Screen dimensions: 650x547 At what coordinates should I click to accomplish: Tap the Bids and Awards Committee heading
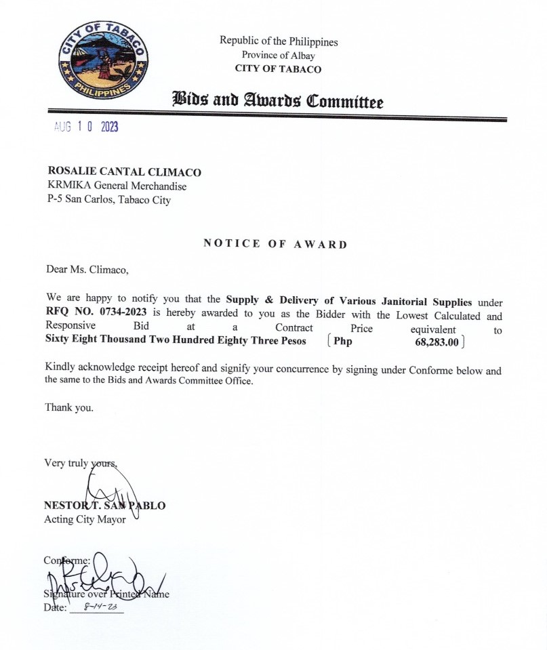click(x=278, y=102)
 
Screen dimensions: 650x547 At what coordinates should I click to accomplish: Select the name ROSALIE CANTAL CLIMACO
click(x=124, y=172)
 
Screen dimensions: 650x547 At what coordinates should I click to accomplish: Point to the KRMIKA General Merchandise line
click(x=117, y=186)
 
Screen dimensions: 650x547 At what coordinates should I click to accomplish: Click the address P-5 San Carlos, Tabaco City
click(x=108, y=200)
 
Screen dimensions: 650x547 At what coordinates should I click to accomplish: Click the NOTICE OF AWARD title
click(x=275, y=244)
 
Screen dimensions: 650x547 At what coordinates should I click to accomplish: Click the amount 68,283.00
click(x=437, y=342)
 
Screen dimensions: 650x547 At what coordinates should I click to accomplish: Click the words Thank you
click(x=69, y=407)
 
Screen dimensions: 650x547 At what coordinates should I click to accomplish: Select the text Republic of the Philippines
click(x=278, y=41)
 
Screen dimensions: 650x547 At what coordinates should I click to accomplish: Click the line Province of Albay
click(x=278, y=55)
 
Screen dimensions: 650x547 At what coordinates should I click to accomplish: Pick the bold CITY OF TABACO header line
click(x=278, y=68)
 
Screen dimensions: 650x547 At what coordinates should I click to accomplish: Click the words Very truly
click(x=66, y=464)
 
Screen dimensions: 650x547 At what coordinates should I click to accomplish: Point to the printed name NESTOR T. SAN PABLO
click(x=104, y=506)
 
